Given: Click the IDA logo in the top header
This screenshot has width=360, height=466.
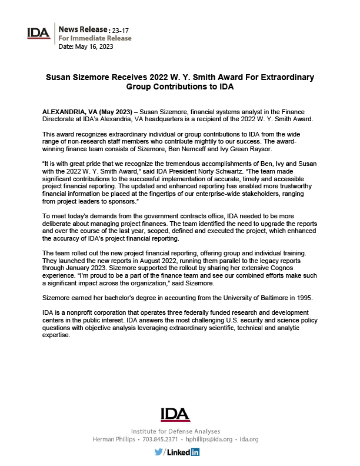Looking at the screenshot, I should [x=39, y=32].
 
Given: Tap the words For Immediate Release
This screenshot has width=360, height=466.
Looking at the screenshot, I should [x=95, y=38].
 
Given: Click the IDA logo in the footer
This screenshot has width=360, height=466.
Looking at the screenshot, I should [x=175, y=414].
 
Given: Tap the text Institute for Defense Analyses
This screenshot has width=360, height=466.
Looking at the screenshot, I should [x=175, y=431].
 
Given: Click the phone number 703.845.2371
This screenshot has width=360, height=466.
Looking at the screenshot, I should [x=158, y=440].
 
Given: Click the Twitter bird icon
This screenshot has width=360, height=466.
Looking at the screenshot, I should [x=158, y=452].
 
